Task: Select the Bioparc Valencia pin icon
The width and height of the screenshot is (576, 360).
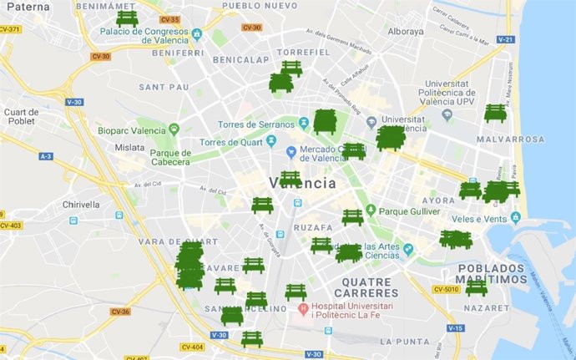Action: coord(174,129)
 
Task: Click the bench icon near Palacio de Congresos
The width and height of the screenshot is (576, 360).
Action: coord(127,18)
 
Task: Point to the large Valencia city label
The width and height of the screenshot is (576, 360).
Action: coord(303,183)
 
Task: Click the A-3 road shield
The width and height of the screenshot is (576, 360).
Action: coord(45,156)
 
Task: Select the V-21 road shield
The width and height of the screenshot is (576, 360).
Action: coord(505,39)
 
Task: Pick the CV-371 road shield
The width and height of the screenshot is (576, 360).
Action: coord(10,29)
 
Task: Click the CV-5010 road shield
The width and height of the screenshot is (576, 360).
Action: coord(447,290)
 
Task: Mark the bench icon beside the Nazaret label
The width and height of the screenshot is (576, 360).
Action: coord(476,287)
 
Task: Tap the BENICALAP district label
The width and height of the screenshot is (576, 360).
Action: coord(241,60)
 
